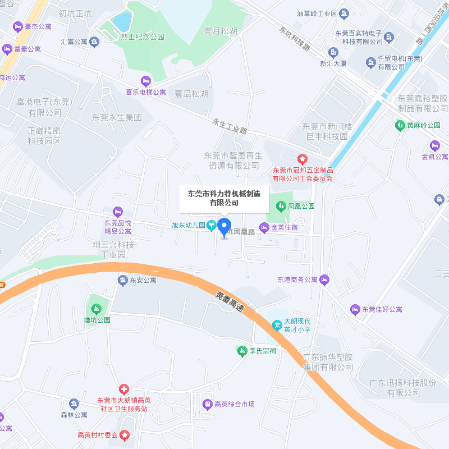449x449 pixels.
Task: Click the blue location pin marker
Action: coord(224,227)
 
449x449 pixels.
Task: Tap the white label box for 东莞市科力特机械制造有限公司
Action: coord(224,198)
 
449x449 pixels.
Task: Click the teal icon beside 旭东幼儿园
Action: coord(212,226)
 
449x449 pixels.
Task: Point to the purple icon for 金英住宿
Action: coord(264,227)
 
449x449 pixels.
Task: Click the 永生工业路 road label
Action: coord(230,126)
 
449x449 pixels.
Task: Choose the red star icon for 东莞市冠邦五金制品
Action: coord(303,159)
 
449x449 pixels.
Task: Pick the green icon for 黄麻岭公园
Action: coord(400,125)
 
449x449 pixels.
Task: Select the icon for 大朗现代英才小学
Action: coord(277,325)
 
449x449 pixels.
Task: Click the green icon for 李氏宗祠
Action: coord(242,351)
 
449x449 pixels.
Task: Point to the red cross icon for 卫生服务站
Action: coord(123,390)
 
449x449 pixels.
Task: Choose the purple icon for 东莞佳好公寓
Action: coord(355,309)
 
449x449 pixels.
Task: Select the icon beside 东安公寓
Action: coord(122,280)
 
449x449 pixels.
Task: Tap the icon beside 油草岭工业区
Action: coord(345,13)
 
